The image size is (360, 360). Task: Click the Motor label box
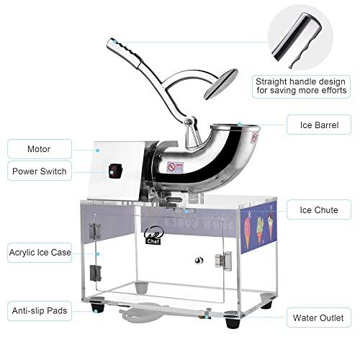coord(40,149)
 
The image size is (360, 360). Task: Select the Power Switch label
coord(40,171)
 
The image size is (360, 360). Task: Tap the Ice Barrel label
coord(319,125)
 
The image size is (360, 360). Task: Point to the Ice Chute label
coord(319,210)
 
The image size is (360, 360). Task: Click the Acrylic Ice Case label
coord(40,253)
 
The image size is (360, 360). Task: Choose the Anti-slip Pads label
coord(40,311)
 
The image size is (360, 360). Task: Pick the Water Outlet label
coord(319,318)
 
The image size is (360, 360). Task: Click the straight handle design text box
coord(301,86)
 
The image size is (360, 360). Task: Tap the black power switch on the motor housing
coord(116,171)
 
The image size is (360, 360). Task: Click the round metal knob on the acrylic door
coord(199,260)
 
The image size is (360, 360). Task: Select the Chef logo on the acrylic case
coord(154,235)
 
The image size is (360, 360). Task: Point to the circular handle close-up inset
coord(300,38)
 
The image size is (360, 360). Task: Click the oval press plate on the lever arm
coord(221,84)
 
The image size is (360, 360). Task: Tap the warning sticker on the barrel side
coord(176,167)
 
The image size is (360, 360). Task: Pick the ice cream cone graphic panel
coord(258,228)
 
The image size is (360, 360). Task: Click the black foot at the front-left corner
coord(98,305)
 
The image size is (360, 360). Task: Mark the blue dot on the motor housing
coord(98,150)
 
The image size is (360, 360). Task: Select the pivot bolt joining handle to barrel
coord(188,121)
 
